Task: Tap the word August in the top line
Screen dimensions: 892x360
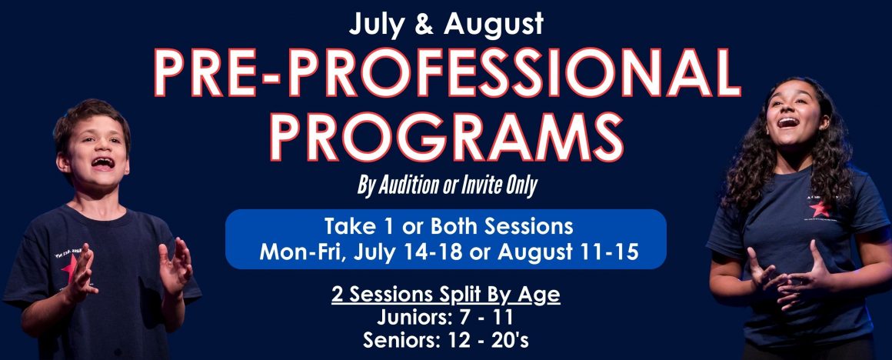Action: click(x=494, y=24)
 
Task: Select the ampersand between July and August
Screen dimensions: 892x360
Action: click(x=424, y=23)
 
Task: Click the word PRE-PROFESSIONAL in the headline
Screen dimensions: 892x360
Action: click(x=447, y=73)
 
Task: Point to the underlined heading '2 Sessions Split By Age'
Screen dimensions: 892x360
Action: click(x=446, y=296)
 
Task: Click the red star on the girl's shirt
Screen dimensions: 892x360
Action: click(x=819, y=208)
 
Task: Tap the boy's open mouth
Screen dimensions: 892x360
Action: click(x=103, y=163)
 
